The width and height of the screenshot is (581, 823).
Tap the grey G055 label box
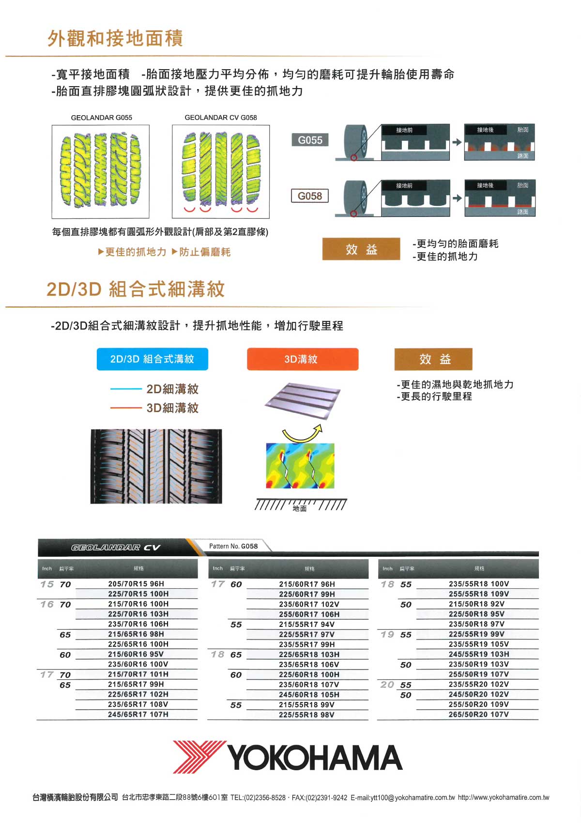pos(310,139)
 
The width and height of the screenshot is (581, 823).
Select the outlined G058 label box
pos(310,196)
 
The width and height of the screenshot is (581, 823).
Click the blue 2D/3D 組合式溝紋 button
pos(153,359)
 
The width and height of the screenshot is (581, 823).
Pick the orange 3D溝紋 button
pos(303,359)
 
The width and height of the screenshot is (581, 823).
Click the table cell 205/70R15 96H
pos(136,584)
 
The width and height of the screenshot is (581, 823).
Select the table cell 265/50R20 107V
pos(478,714)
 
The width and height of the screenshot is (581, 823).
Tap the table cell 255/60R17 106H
pos(309,614)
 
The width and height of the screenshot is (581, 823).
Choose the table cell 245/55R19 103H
pos(478,654)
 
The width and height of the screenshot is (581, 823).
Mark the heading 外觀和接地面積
pos(115,38)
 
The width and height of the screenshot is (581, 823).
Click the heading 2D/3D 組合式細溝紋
pos(136,289)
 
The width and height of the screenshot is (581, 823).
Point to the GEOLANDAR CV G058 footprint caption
pos(220,118)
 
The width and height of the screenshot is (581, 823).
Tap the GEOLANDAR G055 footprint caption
pos(101,118)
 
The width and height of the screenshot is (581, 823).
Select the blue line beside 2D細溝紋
pos(126,389)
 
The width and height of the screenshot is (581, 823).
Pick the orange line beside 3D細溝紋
pos(126,408)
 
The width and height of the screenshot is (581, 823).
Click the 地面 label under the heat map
pos(300,508)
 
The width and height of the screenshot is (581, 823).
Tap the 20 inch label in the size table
pos(387,684)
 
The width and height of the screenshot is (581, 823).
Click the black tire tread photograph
pos(156,466)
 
